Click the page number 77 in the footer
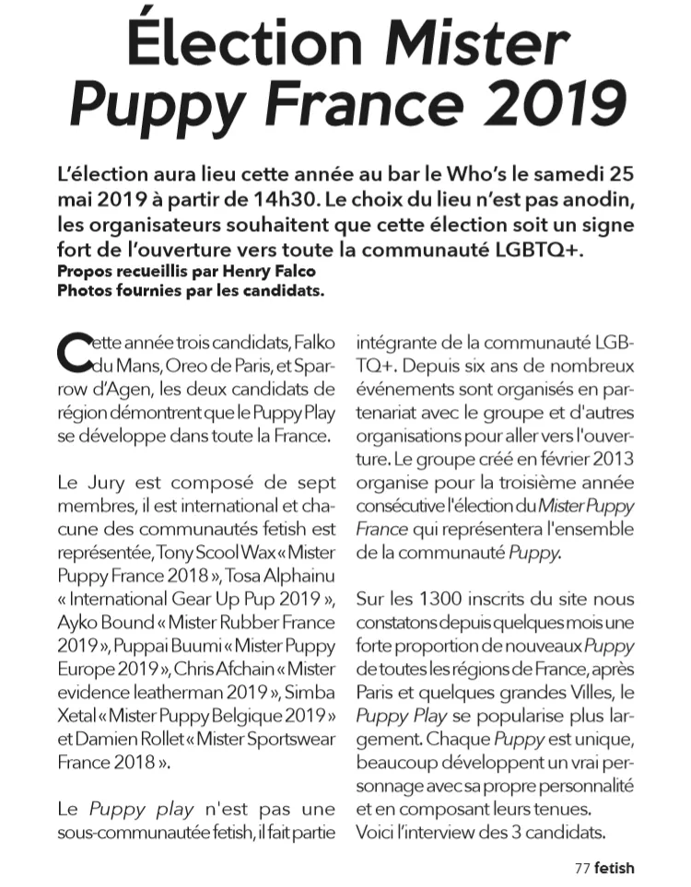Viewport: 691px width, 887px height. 581,867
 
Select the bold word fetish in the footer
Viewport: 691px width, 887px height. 615,867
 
